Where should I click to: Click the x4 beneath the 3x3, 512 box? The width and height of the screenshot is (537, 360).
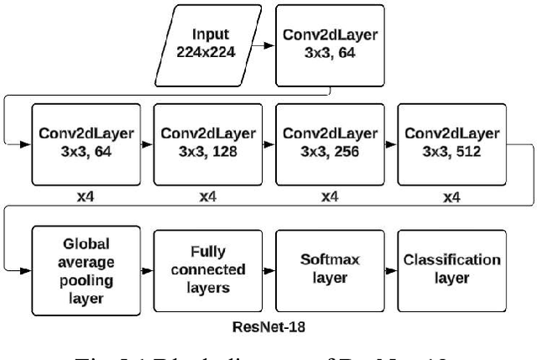coord(451,197)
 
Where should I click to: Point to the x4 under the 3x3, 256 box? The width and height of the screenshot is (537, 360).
coord(329,197)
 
